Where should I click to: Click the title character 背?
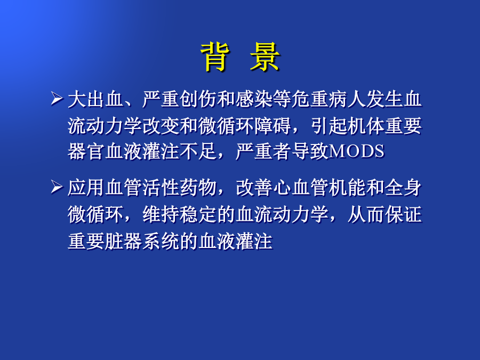pyautogui.click(x=215, y=57)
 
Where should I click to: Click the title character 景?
pyautogui.click(x=265, y=57)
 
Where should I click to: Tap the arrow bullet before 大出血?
pyautogui.click(x=57, y=99)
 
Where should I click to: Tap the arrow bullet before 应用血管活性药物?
pyautogui.click(x=57, y=187)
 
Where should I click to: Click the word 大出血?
pyautogui.click(x=95, y=99)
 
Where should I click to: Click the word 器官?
pyautogui.click(x=86, y=151)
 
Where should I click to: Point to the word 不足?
pyautogui.click(x=198, y=151)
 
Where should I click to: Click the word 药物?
pyautogui.click(x=198, y=187)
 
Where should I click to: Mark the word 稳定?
pyautogui.click(x=198, y=214)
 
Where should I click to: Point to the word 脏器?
pyautogui.click(x=123, y=241)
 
